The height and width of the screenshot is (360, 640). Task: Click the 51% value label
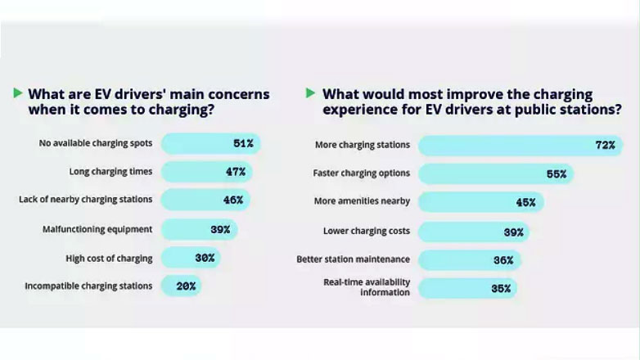point(243,144)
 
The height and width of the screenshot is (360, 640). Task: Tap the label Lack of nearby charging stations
point(86,200)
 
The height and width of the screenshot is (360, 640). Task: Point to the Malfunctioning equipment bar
point(199,229)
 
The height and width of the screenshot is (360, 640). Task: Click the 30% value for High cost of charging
point(205,258)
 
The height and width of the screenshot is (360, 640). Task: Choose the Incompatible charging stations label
point(88,286)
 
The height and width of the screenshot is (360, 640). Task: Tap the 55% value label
point(557,173)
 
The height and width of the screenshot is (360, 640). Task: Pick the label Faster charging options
point(361,173)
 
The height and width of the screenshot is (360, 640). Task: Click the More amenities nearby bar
point(480,202)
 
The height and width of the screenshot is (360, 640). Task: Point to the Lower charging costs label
point(367,232)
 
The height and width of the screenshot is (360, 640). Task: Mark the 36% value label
point(503,260)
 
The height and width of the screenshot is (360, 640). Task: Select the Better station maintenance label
point(353,260)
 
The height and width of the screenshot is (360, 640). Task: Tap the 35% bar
point(467,288)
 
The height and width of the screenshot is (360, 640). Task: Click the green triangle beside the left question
point(18,93)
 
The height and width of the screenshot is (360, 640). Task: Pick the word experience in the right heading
point(362,110)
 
